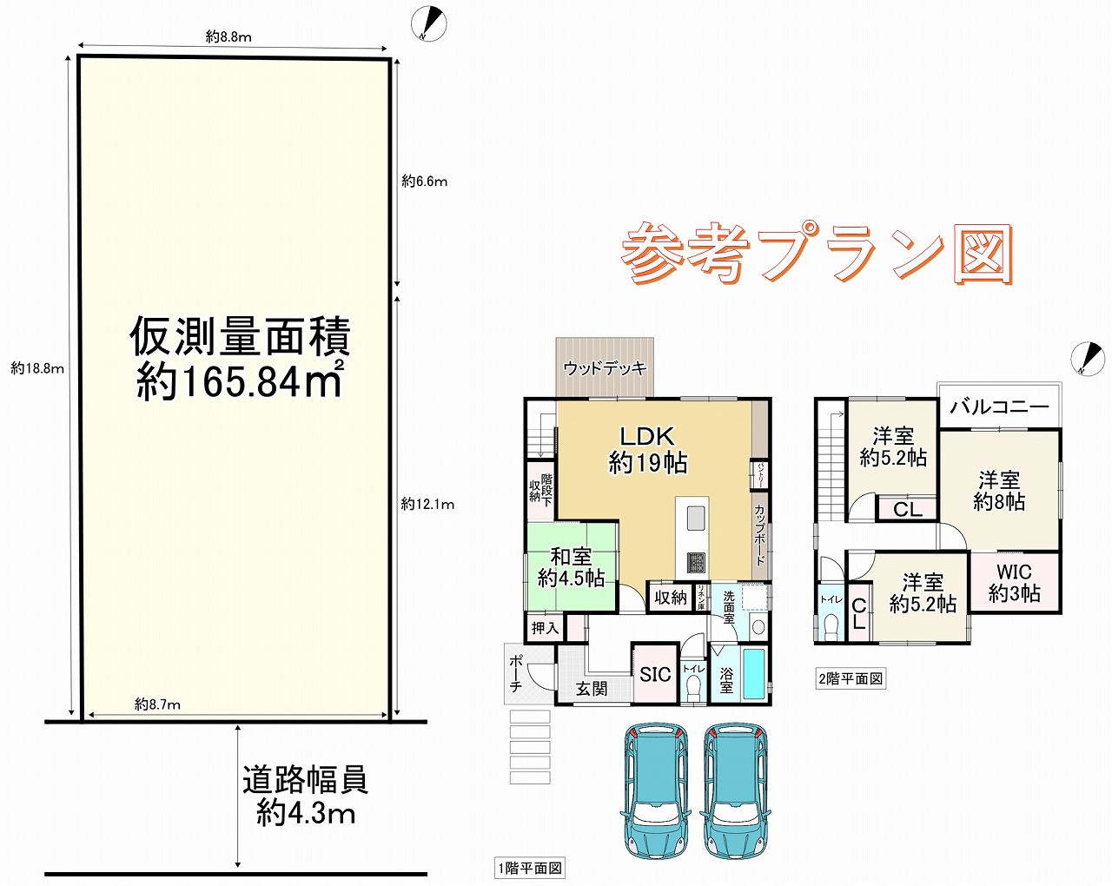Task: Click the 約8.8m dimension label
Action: click(228, 36)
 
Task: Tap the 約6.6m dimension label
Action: click(424, 182)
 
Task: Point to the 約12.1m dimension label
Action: click(427, 504)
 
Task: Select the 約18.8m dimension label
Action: click(37, 368)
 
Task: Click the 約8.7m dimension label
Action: click(157, 704)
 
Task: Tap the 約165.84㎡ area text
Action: click(240, 382)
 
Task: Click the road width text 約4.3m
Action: click(306, 813)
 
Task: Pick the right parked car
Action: click(735, 790)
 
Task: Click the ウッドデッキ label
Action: click(605, 368)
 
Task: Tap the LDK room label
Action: click(647, 436)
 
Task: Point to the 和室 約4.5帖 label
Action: click(571, 566)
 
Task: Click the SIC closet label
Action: click(655, 674)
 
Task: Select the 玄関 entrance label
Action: click(592, 690)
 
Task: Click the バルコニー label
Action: click(999, 407)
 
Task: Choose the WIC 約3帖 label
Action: click(1014, 583)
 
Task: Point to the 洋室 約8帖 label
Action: click(999, 491)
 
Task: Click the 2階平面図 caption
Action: click(851, 678)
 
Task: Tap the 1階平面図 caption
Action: click(529, 868)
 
